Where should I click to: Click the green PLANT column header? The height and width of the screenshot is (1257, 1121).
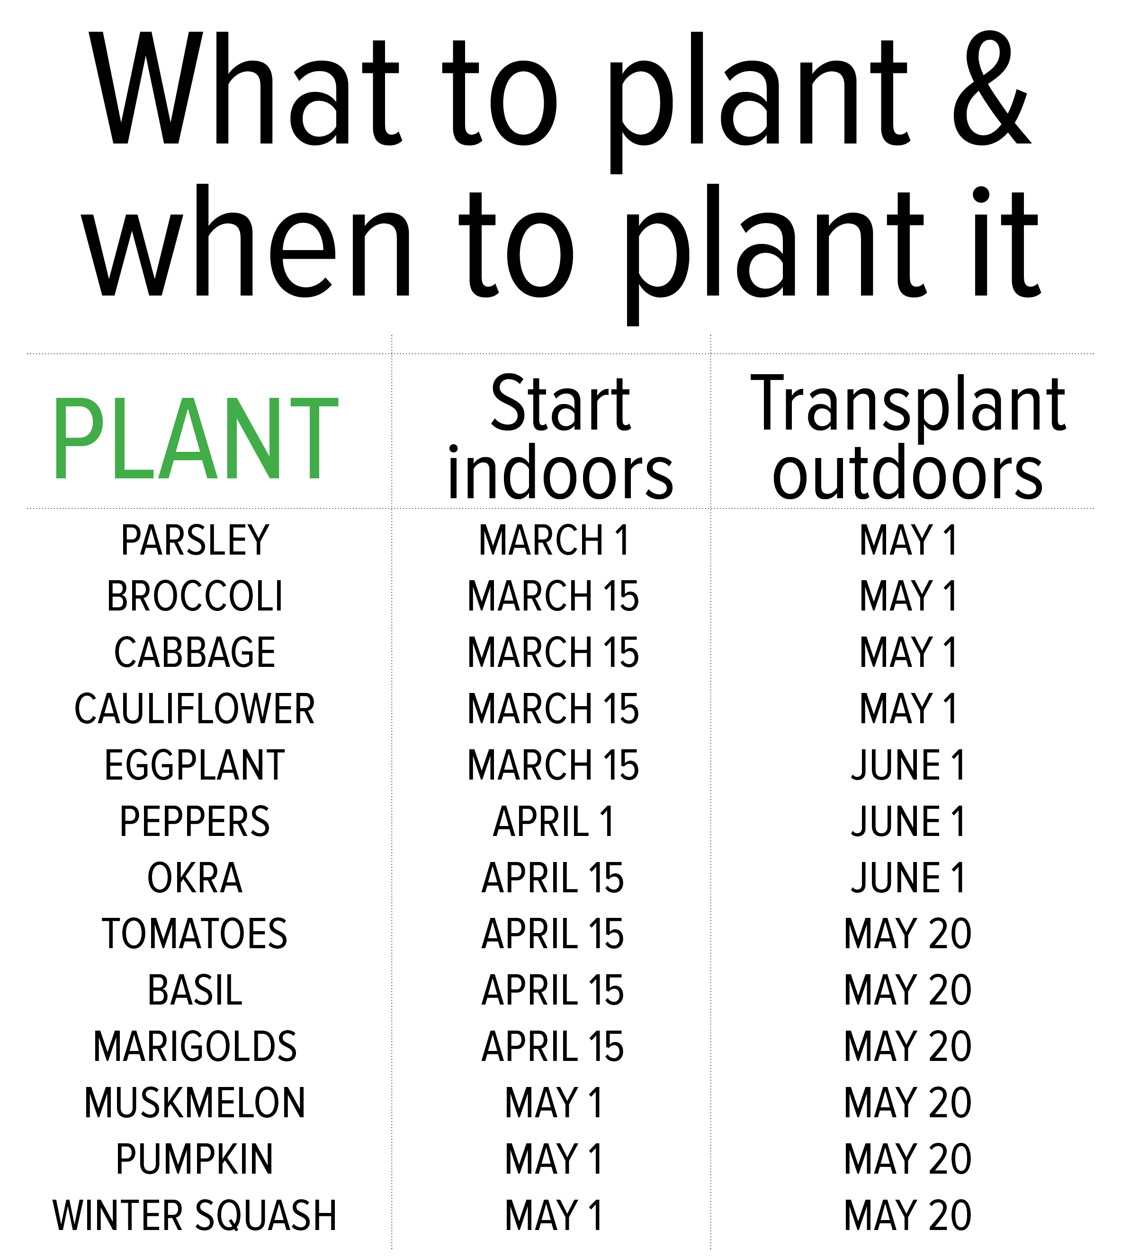(x=196, y=438)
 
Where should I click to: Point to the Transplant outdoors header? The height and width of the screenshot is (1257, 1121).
(x=908, y=438)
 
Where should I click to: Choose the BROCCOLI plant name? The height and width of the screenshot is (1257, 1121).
(x=195, y=597)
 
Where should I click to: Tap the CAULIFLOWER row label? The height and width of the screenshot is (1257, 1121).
(x=195, y=709)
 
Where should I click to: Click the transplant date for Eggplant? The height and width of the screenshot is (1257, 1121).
(x=908, y=765)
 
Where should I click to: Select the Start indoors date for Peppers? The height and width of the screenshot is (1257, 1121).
(x=554, y=822)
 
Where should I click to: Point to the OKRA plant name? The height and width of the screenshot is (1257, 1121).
(x=195, y=878)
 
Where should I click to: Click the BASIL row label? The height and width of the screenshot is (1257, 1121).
(x=195, y=991)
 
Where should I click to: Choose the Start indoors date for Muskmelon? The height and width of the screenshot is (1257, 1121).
(x=554, y=1103)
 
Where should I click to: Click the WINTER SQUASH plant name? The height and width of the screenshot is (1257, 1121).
(x=195, y=1216)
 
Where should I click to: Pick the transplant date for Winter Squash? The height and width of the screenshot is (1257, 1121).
(x=908, y=1216)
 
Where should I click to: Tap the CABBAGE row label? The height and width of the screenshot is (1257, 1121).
(x=195, y=653)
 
